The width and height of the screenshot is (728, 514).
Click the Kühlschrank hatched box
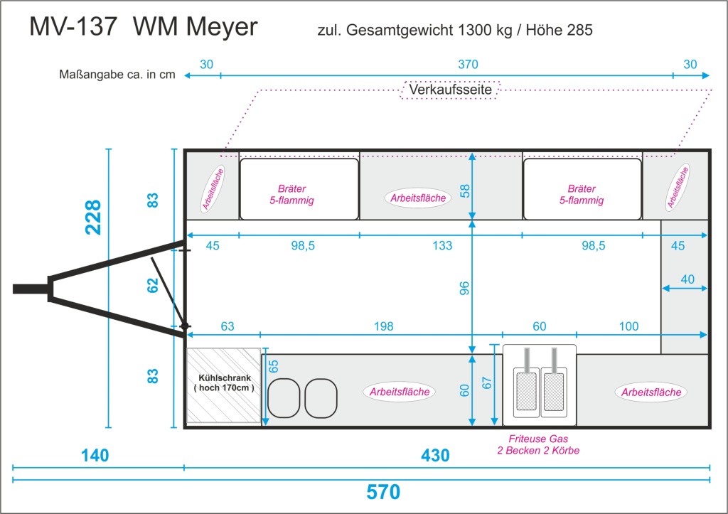pos(224,385)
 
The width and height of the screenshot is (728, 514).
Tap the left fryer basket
pos(526,391)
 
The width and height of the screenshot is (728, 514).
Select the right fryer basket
pos(553,391)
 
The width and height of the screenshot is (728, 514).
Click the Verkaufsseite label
pos(450,89)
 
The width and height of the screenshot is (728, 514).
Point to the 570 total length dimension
pos(383,492)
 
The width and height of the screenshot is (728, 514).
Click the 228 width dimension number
pos(93,217)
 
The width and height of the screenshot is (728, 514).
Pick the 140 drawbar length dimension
pos(95,456)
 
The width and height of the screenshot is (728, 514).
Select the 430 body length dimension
pos(435,456)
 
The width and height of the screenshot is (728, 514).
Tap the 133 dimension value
pos(442,245)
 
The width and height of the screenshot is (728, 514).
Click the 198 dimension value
pos(383,326)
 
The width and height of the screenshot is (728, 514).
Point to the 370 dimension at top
pos(468,65)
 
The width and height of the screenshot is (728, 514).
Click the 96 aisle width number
pos(464,289)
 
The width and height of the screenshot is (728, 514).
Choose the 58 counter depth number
pos(465,191)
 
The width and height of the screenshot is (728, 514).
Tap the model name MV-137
pos(73,26)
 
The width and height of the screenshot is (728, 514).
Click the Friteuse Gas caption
pos(538,439)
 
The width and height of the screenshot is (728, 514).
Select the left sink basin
pos(284,398)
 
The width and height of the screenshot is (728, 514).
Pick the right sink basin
pos(321,398)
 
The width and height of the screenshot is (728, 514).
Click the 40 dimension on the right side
pos(687,279)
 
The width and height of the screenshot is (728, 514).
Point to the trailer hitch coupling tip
pos(14,289)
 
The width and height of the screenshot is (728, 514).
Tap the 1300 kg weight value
pos(485,30)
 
